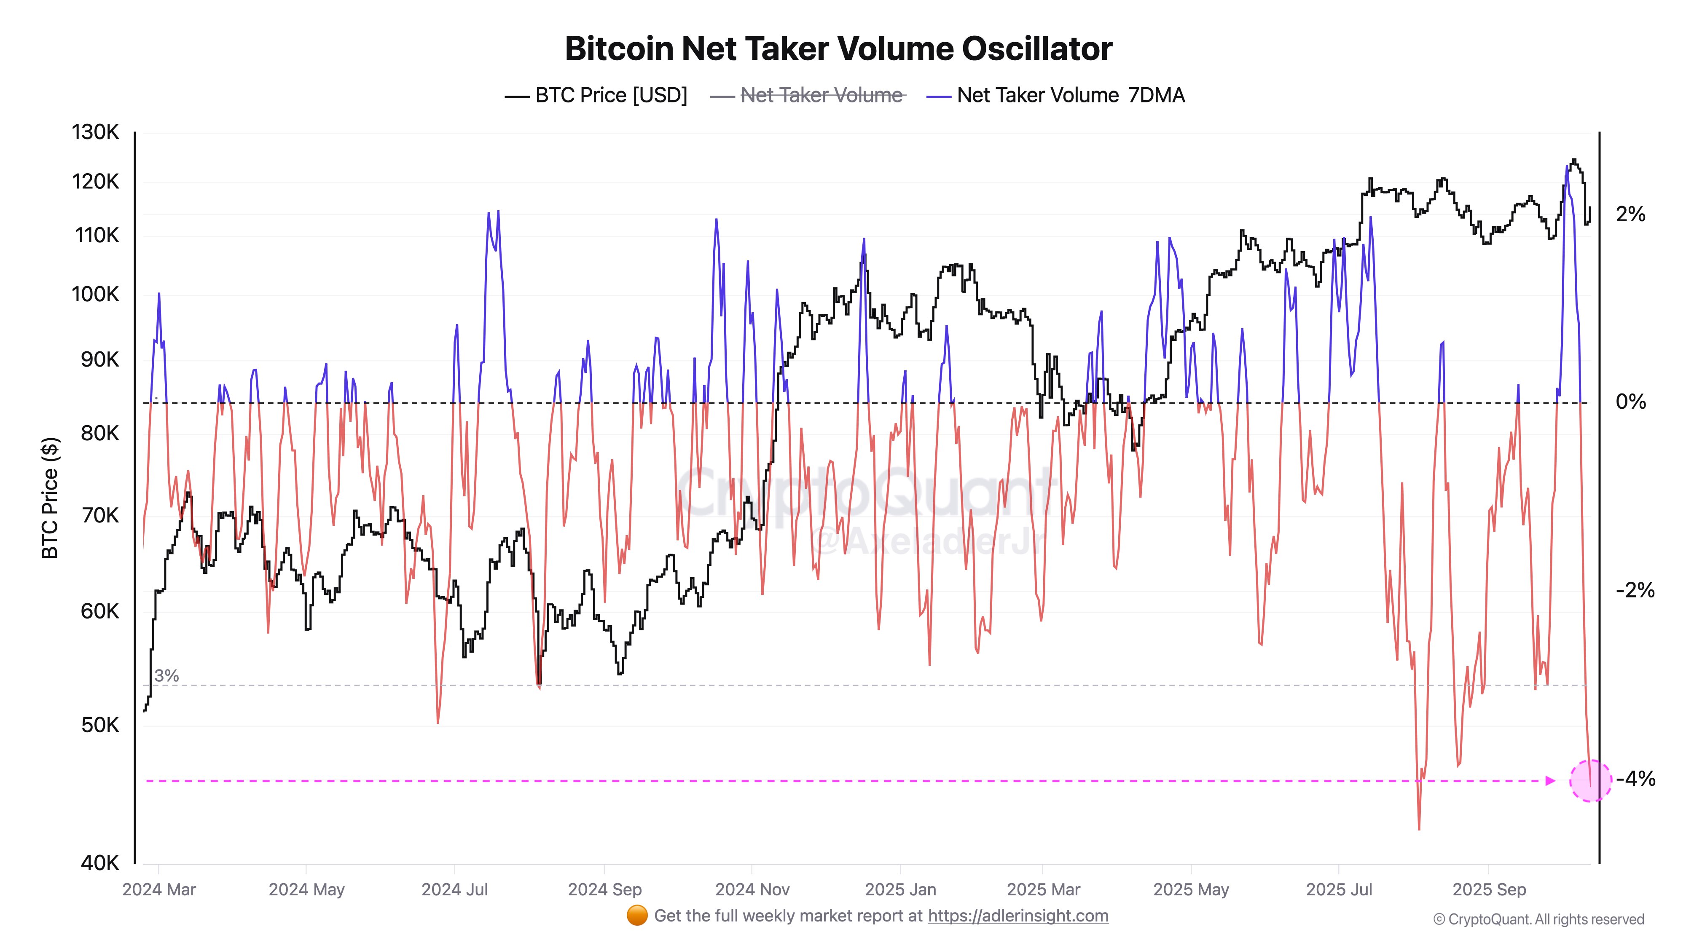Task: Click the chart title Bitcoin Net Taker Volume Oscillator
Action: [x=838, y=48]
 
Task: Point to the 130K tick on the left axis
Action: [x=96, y=132]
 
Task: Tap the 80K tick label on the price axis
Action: [x=99, y=433]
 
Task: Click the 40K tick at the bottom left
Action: [x=99, y=863]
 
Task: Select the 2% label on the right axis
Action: [x=1630, y=214]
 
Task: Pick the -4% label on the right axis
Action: [x=1635, y=779]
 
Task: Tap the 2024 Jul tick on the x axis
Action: [x=454, y=890]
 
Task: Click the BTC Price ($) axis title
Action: [x=50, y=497]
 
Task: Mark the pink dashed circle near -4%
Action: [x=1590, y=780]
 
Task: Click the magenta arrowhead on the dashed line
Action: [x=1550, y=780]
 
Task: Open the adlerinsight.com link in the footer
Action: [x=1018, y=916]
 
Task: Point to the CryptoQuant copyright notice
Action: [x=1538, y=920]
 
